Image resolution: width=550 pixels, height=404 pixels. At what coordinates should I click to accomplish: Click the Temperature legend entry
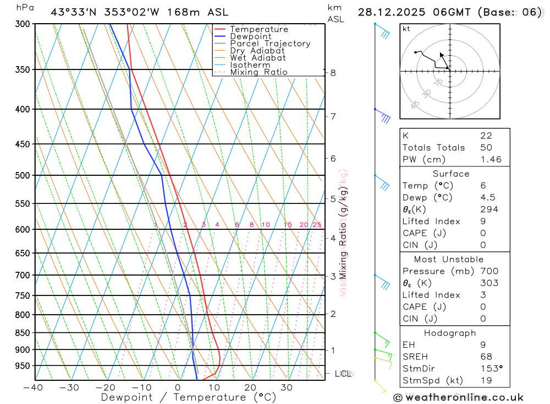click(258, 29)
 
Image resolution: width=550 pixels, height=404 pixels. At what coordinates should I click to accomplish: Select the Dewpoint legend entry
click(250, 36)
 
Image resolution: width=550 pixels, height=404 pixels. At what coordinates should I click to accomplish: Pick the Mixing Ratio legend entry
click(258, 72)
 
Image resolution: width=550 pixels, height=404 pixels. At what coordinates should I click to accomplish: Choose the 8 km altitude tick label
click(333, 73)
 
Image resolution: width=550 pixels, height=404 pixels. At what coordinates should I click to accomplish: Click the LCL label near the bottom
click(343, 374)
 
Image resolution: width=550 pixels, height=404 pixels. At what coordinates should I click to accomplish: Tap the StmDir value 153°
click(491, 369)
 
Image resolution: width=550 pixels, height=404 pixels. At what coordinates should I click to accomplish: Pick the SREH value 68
click(486, 357)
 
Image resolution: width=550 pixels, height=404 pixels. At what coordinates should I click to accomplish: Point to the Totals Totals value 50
click(486, 147)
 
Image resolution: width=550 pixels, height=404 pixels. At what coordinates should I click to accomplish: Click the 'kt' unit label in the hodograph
click(406, 29)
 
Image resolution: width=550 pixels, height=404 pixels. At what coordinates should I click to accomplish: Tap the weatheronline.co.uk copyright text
click(458, 397)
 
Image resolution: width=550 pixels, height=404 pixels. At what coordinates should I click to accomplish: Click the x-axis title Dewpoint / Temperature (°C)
click(189, 397)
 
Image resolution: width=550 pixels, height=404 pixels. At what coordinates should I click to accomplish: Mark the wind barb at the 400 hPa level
click(383, 115)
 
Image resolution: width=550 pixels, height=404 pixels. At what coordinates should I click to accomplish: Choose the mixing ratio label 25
click(317, 225)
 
